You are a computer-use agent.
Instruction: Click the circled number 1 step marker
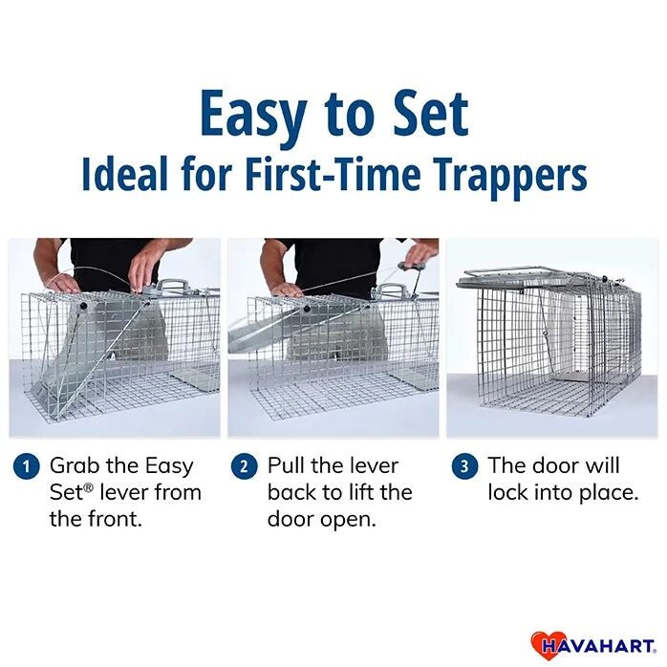pos(26,466)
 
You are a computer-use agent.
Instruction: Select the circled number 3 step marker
pos(464,466)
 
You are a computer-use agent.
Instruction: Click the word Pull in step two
pos(287,465)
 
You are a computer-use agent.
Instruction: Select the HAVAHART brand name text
pos(602,645)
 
